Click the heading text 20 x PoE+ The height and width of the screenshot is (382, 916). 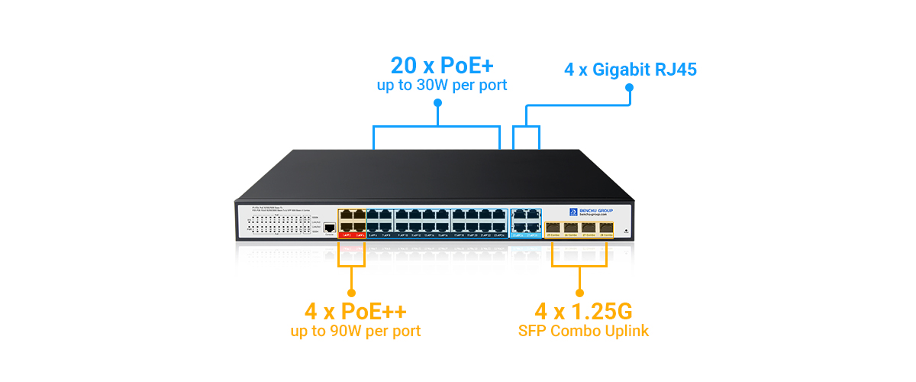pos(441,65)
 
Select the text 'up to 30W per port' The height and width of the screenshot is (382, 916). pos(441,86)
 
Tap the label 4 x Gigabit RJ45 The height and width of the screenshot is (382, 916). pos(631,70)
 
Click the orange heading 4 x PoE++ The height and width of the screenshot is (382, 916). pos(355,312)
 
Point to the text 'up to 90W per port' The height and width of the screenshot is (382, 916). pos(355,332)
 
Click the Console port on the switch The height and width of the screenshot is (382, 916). pos(330,228)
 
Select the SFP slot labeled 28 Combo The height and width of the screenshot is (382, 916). pos(606,227)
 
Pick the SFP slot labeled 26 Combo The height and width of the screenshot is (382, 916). pos(571,227)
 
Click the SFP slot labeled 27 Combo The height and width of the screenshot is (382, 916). pos(589,227)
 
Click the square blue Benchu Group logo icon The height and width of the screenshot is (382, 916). pos(573,212)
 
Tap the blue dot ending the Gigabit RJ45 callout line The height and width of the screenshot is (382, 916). pos(630,87)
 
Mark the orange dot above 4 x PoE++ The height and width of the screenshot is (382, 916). pos(351,292)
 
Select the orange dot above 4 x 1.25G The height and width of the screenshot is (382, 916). pos(579,292)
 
